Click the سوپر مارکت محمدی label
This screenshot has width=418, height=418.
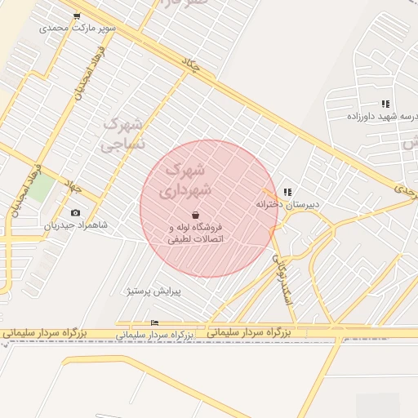click(79, 28)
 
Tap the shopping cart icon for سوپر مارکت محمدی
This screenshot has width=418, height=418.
click(77, 16)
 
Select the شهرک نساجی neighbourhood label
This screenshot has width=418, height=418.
click(122, 136)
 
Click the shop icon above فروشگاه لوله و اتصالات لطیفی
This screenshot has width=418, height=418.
click(195, 215)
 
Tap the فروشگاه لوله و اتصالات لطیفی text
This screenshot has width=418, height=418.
click(195, 233)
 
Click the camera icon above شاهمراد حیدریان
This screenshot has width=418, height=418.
click(76, 212)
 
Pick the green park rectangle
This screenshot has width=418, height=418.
click(44, 189)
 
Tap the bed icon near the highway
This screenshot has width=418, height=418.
click(155, 323)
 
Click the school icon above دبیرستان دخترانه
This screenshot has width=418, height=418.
click(287, 192)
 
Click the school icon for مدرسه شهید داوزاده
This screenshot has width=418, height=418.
click(385, 104)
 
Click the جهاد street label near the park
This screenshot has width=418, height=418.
click(74, 187)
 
